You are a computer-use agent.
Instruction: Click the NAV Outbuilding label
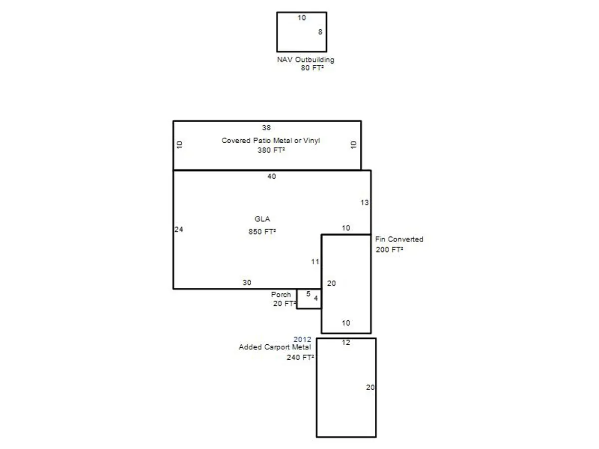tap(305, 60)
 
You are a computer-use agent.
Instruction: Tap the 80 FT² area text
tap(312, 68)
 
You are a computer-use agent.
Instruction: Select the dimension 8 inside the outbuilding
tap(320, 32)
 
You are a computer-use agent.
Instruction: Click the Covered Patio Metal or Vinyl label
tap(271, 140)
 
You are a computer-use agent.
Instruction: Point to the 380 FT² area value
tap(271, 150)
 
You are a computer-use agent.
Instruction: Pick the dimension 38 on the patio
tap(267, 128)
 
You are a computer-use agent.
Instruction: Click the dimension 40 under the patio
tap(272, 177)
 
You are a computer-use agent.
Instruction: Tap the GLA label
tap(262, 219)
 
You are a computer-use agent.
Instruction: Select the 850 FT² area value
tap(262, 231)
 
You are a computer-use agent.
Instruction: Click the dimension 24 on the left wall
tap(179, 229)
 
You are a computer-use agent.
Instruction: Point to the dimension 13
tap(364, 203)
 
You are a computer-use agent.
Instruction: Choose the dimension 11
tap(315, 262)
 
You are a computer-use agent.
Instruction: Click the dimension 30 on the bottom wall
tap(247, 283)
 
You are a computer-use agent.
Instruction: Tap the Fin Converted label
tap(399, 239)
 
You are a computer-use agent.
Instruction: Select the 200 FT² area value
tap(389, 249)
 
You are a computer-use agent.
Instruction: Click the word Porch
tap(281, 294)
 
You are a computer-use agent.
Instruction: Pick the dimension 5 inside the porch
tap(308, 294)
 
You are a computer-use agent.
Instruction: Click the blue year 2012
tap(302, 339)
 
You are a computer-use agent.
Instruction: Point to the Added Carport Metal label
tap(275, 347)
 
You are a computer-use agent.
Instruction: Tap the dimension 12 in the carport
tap(346, 343)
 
